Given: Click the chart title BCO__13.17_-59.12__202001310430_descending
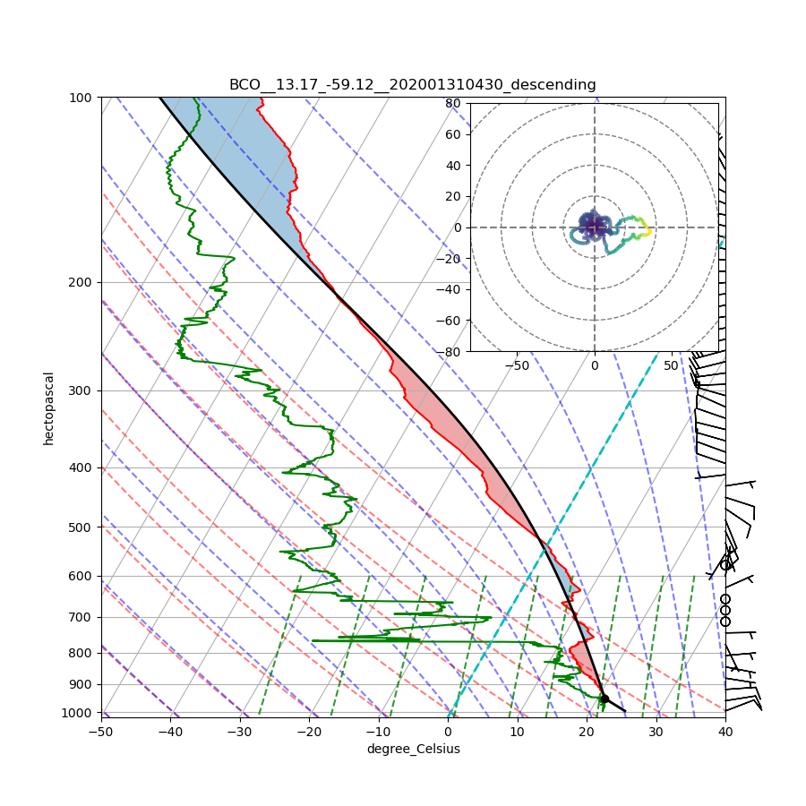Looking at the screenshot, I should pos(412,85).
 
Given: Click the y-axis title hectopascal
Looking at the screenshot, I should pos(49,407).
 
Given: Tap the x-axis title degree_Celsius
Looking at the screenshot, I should pos(413,749).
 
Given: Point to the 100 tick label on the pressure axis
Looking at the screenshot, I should pos(82,97).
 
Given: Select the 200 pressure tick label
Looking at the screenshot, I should pos(82,282).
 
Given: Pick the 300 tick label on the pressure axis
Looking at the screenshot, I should pos(82,390).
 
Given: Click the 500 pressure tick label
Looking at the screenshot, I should pos(82,527).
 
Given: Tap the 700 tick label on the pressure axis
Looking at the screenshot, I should pos(82,617).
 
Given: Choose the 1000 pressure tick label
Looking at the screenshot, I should pos(80,713).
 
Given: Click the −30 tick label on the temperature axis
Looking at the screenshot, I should pos(240,732).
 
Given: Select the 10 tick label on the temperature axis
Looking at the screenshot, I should pos(517,732).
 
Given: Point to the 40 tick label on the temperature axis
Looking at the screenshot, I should pos(725,732).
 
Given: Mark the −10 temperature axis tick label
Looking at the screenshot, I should pos(378,732).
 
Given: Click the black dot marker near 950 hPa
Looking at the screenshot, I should pos(604,699).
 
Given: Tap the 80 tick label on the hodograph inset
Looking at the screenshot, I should pos(453,103).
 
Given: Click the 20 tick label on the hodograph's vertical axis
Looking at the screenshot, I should pos(453,196).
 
